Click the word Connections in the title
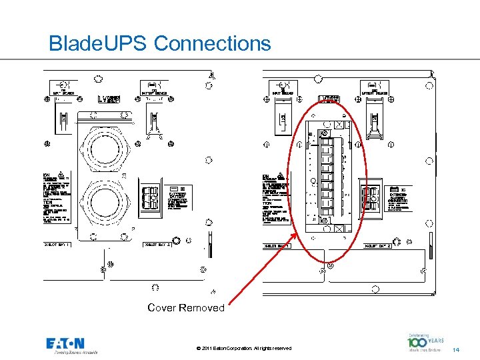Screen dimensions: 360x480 213,44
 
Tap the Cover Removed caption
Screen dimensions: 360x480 186,308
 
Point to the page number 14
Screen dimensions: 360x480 456,349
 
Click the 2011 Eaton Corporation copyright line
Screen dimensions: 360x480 245,349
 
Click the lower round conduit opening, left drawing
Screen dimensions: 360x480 107,203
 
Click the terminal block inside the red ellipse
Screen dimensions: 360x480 327,177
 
